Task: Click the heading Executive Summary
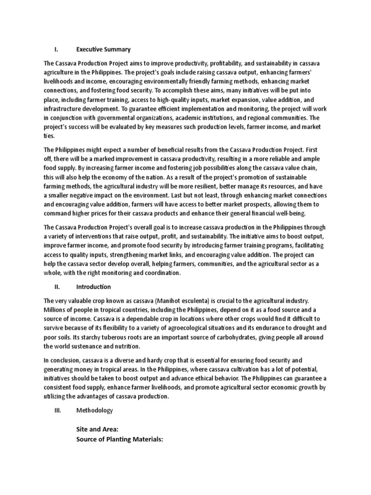[x=103, y=49]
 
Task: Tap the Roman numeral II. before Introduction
[x=57, y=287]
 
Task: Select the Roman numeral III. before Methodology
[x=58, y=410]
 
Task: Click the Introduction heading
[x=94, y=287]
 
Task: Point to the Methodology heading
[x=95, y=410]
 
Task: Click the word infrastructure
[x=65, y=108]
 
